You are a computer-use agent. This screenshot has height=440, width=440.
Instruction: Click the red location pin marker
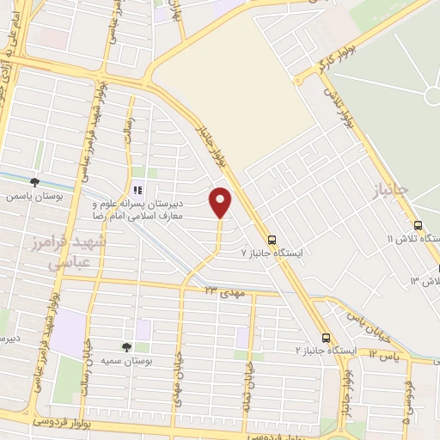coord(222,201)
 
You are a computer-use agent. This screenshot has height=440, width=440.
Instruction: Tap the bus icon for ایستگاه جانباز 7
coord(272,240)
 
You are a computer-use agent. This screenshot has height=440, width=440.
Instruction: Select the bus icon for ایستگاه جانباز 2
coord(326,338)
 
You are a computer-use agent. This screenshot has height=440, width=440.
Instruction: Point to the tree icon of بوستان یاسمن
coord(34,182)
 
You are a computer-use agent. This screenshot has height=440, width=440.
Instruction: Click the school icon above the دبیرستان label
coord(136,190)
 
